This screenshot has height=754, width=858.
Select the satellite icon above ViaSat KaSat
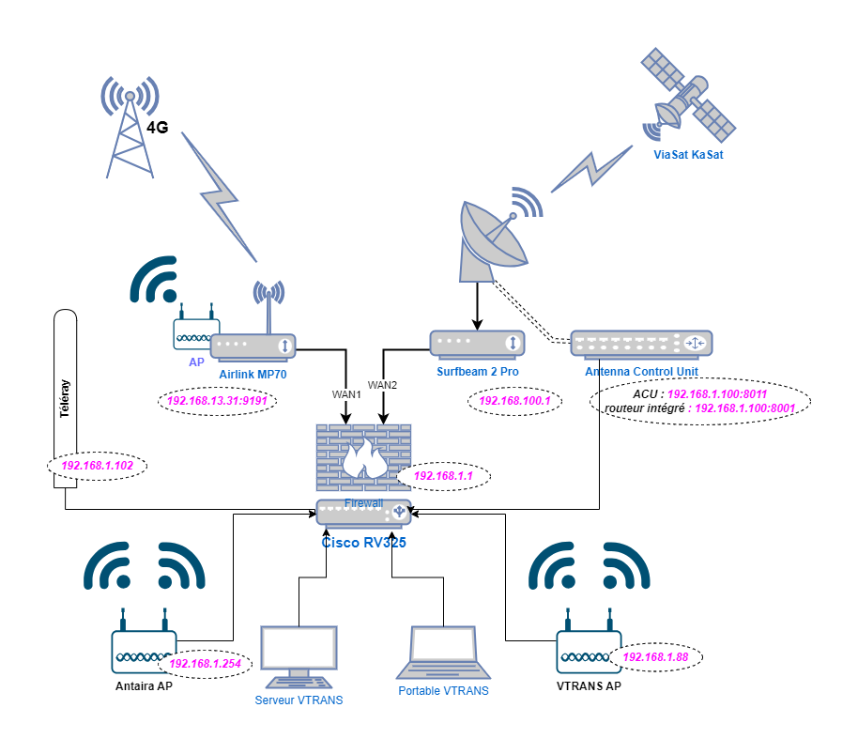(687, 95)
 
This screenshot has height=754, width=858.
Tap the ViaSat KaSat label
(688, 154)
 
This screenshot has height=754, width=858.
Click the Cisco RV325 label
(363, 542)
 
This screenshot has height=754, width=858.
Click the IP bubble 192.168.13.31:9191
(217, 401)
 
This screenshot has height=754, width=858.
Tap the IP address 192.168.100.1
(514, 401)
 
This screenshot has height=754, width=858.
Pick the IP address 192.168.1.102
(97, 465)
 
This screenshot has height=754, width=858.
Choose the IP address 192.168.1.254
(205, 663)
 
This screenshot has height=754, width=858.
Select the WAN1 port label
(346, 394)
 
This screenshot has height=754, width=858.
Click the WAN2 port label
(382, 385)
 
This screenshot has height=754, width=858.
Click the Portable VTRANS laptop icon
(443, 652)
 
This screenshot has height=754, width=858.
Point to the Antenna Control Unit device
(641, 344)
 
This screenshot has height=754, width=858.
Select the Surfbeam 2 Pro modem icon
(478, 344)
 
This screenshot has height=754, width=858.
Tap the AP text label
(196, 362)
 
